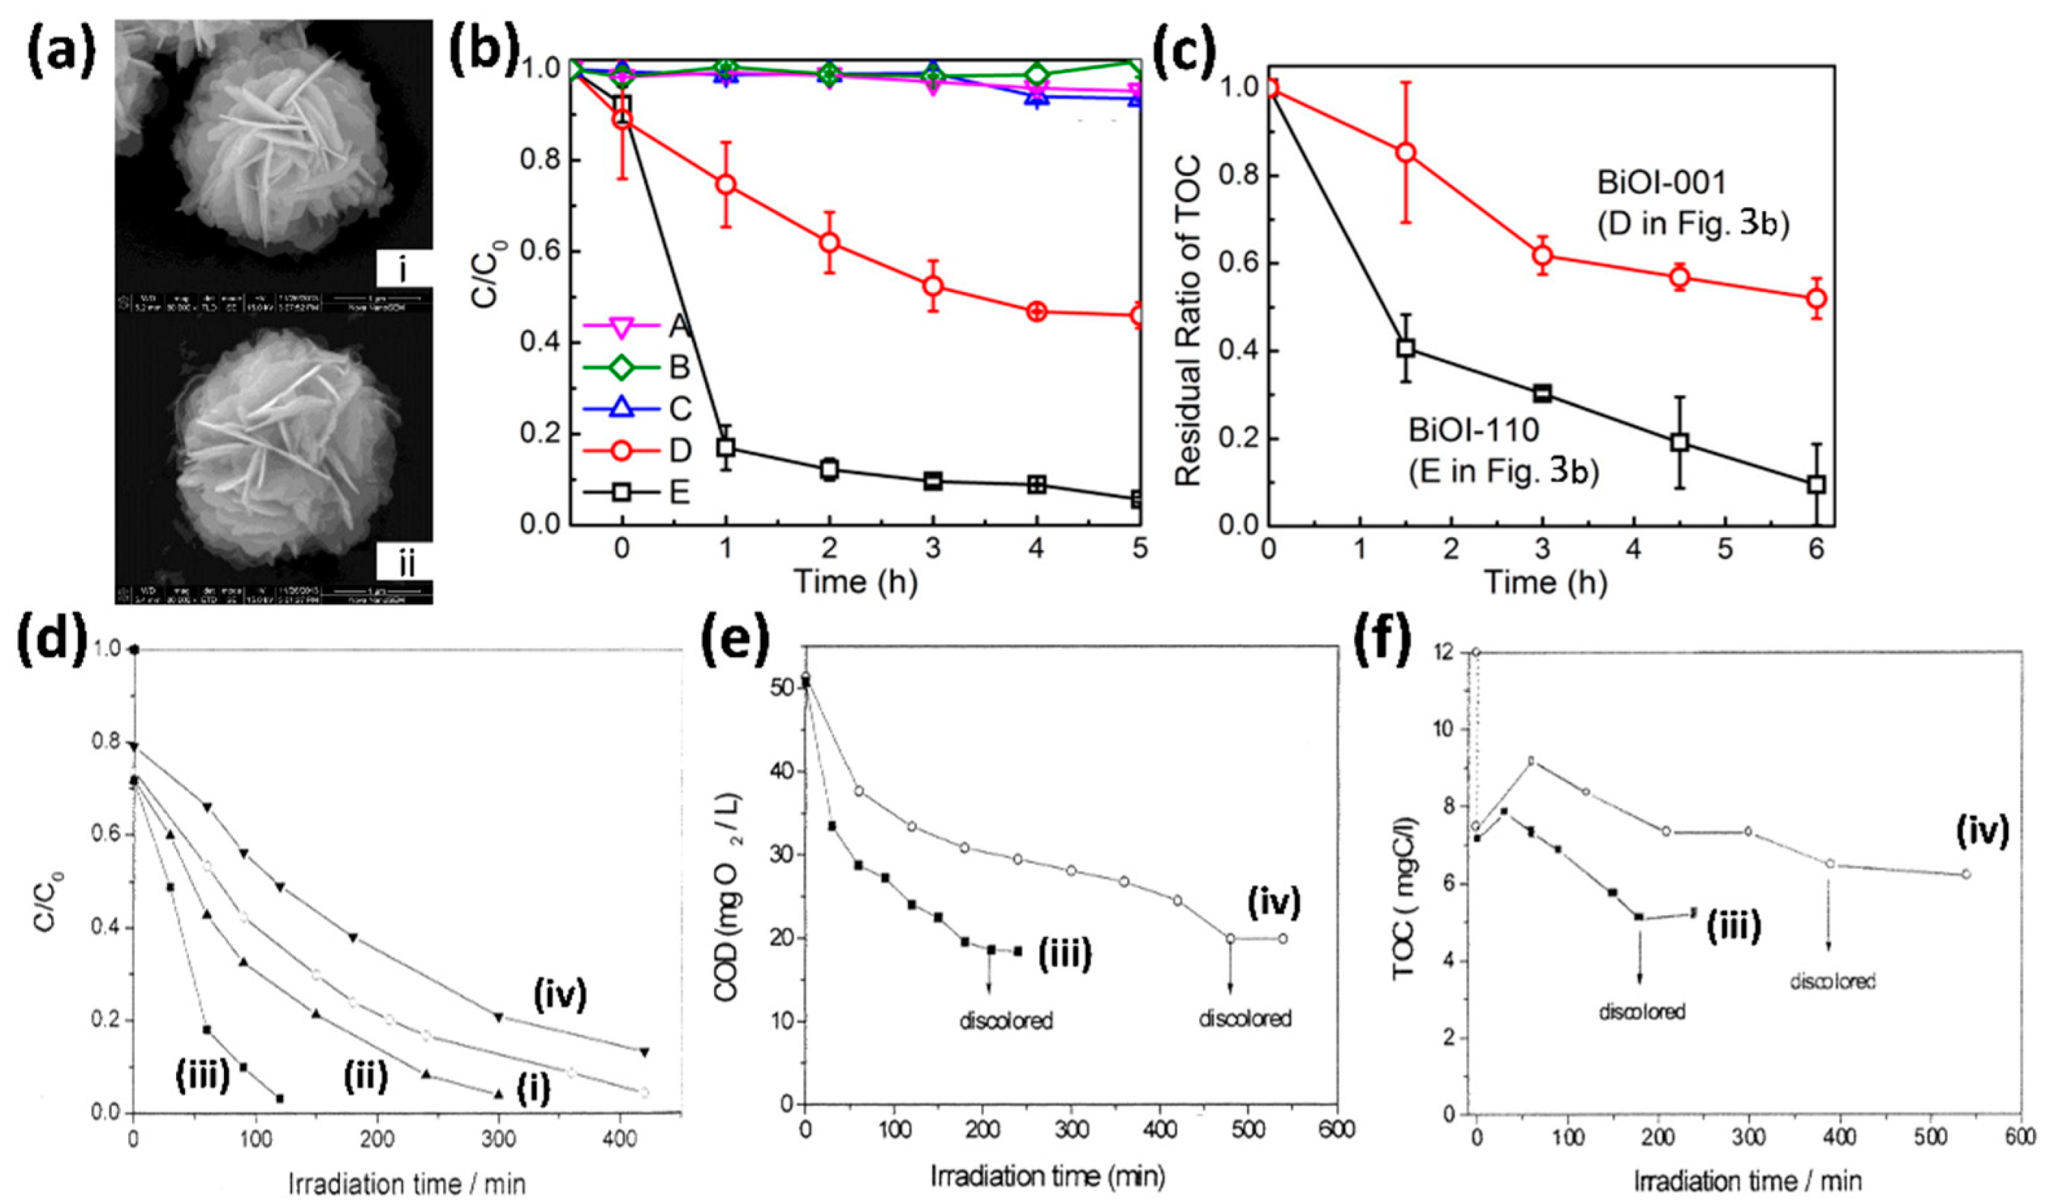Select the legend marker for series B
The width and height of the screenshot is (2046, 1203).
point(622,367)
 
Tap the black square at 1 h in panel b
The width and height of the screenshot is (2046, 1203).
point(726,447)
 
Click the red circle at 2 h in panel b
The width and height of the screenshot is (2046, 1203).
point(829,242)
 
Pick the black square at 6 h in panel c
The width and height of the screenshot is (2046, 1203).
point(1816,485)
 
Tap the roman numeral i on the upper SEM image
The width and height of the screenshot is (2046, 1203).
point(404,270)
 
